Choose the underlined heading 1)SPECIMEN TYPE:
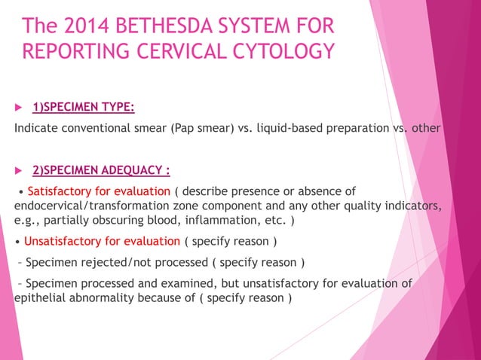tap(83, 107)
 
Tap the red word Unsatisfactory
tap(64, 241)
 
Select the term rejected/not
tap(113, 263)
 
